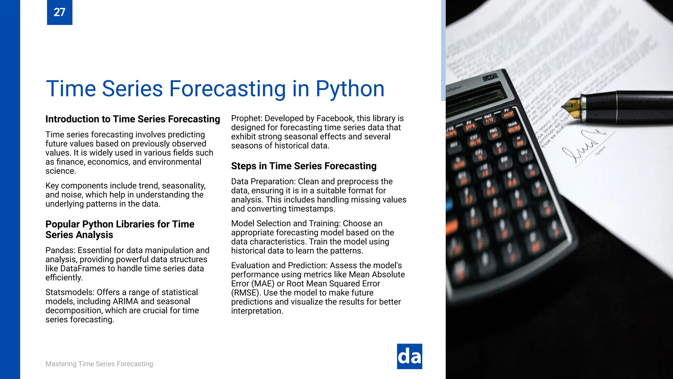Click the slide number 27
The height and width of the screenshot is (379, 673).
59,12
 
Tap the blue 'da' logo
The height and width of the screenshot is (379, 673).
409,356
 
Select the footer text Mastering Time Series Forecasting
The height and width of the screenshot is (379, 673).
99,364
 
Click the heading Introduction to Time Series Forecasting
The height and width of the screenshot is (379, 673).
132,119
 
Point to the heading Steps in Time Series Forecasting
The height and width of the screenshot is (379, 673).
304,166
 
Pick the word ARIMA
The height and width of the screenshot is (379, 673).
125,302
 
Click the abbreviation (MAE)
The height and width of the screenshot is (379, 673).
262,284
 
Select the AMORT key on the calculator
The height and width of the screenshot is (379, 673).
508,114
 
